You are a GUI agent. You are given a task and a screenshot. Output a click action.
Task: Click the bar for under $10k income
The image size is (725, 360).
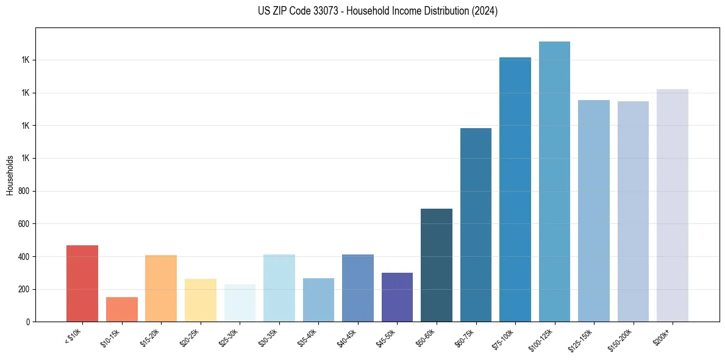(82, 283)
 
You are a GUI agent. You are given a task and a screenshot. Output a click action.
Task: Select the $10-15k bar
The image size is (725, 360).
(121, 309)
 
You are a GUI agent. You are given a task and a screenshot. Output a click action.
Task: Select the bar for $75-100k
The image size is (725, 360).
(515, 189)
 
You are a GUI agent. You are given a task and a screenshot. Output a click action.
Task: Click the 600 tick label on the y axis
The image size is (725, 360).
(24, 224)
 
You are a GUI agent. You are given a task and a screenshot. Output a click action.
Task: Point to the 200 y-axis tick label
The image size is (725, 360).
(24, 289)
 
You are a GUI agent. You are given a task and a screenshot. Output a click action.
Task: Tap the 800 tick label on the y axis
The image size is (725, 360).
(24, 191)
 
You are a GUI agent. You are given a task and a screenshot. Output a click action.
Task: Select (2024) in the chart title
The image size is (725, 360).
(485, 11)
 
